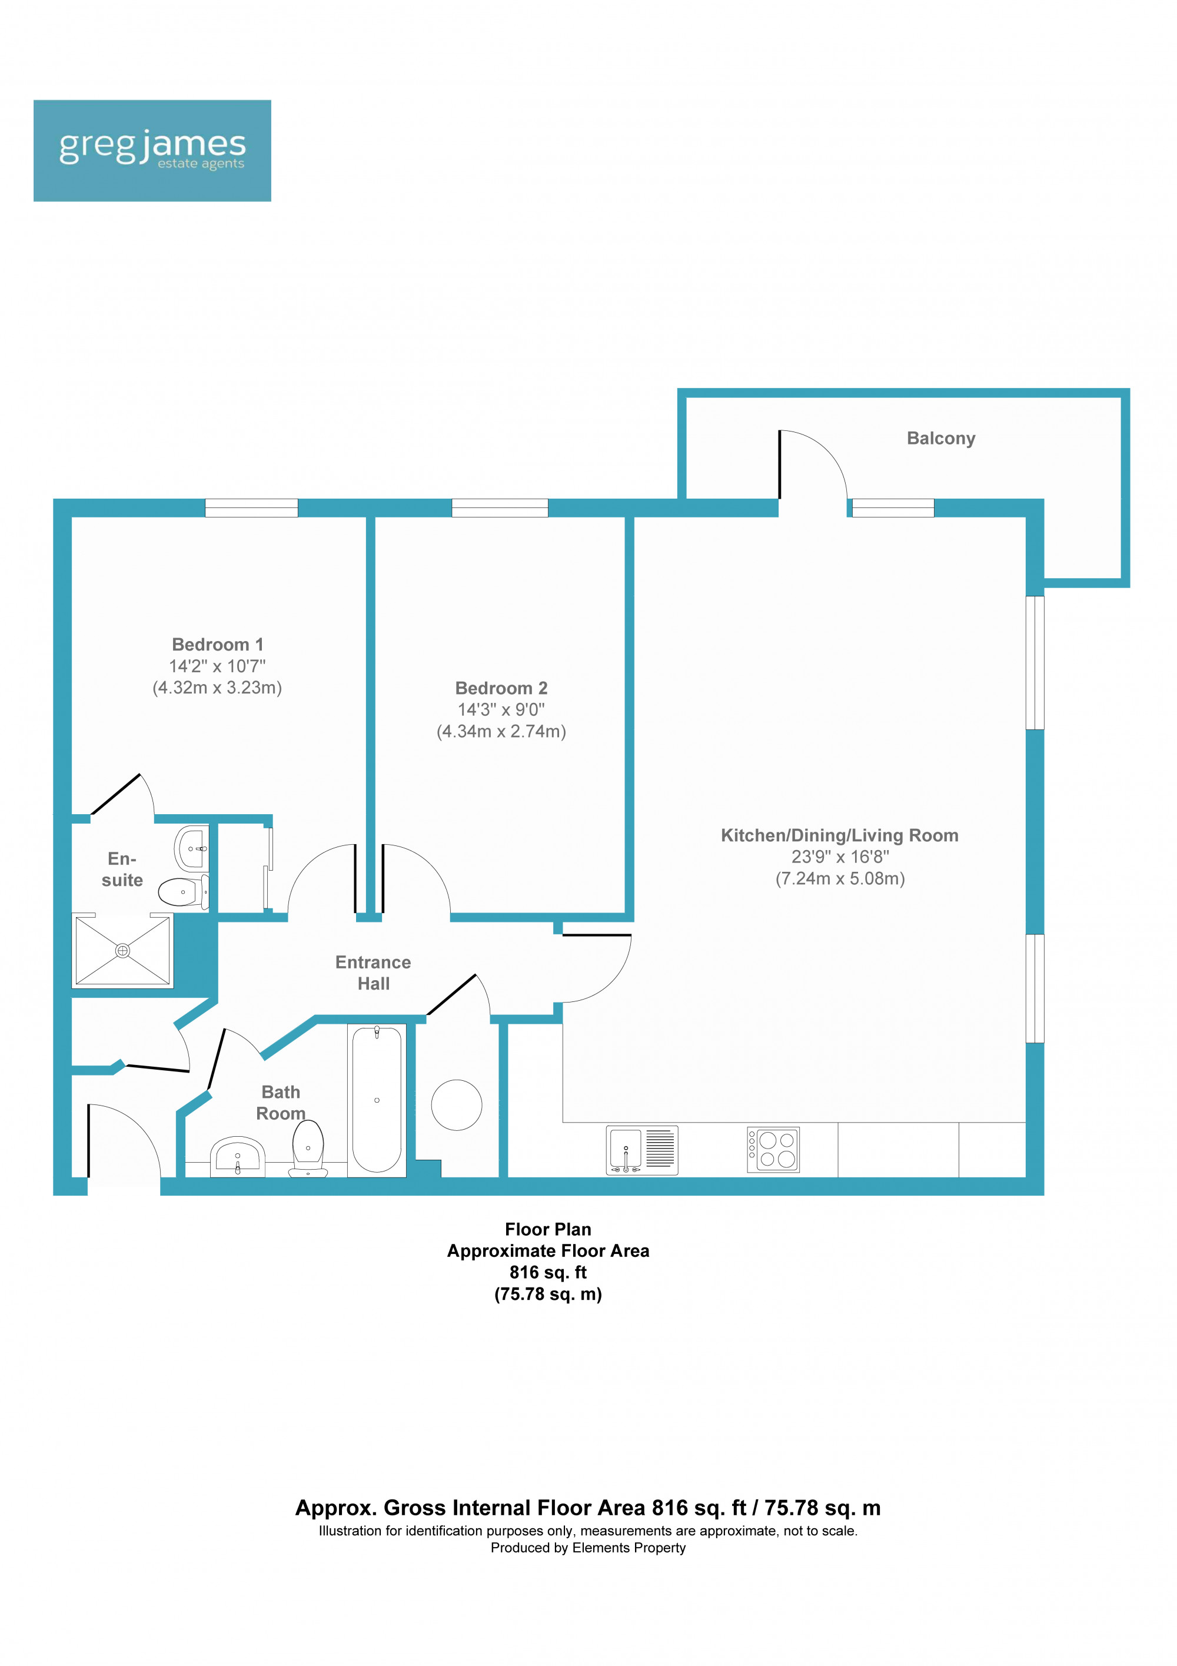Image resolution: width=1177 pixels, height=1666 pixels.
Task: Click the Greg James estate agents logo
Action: (152, 150)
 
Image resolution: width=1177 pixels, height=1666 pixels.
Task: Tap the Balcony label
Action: (940, 438)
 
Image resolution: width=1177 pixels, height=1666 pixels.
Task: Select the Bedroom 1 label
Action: (218, 645)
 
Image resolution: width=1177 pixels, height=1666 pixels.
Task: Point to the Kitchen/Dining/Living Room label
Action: (839, 835)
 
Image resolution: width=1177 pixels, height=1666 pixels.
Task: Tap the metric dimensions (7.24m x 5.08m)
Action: (840, 879)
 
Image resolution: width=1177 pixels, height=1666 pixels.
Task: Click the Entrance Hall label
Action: (373, 973)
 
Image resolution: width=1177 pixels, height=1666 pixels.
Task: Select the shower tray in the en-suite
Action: (122, 951)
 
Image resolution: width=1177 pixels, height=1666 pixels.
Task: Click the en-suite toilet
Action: (182, 892)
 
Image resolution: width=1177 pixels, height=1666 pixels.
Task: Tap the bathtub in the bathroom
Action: (377, 1099)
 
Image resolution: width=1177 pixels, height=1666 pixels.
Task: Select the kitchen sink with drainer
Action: (641, 1149)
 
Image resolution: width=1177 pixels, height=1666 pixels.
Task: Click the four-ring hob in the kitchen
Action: (773, 1149)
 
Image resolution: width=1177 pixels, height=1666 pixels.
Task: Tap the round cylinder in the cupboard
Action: (456, 1104)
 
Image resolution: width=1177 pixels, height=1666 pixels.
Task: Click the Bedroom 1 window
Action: (251, 508)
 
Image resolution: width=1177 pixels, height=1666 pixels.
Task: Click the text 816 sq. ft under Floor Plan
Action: (547, 1272)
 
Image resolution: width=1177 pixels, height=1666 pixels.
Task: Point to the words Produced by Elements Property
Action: (587, 1548)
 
